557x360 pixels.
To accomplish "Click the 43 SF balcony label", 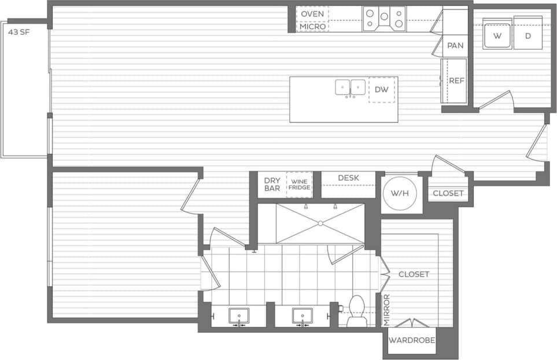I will (19, 32).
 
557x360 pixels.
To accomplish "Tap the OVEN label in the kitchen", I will (312, 14).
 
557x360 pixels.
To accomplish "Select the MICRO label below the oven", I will (312, 26).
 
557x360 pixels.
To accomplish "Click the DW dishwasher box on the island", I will (382, 90).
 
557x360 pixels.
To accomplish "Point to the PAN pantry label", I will (456, 46).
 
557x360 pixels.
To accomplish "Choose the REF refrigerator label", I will (457, 81).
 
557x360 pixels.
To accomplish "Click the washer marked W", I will (497, 36).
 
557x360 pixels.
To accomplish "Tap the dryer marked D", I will (528, 36).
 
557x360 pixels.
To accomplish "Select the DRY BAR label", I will (272, 183).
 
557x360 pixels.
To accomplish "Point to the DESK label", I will (349, 178).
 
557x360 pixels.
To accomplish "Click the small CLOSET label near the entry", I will (448, 193).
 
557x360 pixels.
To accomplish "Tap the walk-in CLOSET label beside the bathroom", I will (414, 274).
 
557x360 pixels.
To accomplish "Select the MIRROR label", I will (387, 310).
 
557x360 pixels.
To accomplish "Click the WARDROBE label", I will (412, 340).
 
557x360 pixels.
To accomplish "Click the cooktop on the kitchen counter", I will (384, 18).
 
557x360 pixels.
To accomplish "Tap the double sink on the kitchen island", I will (351, 87).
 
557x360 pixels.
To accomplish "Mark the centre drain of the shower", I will (319, 223).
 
